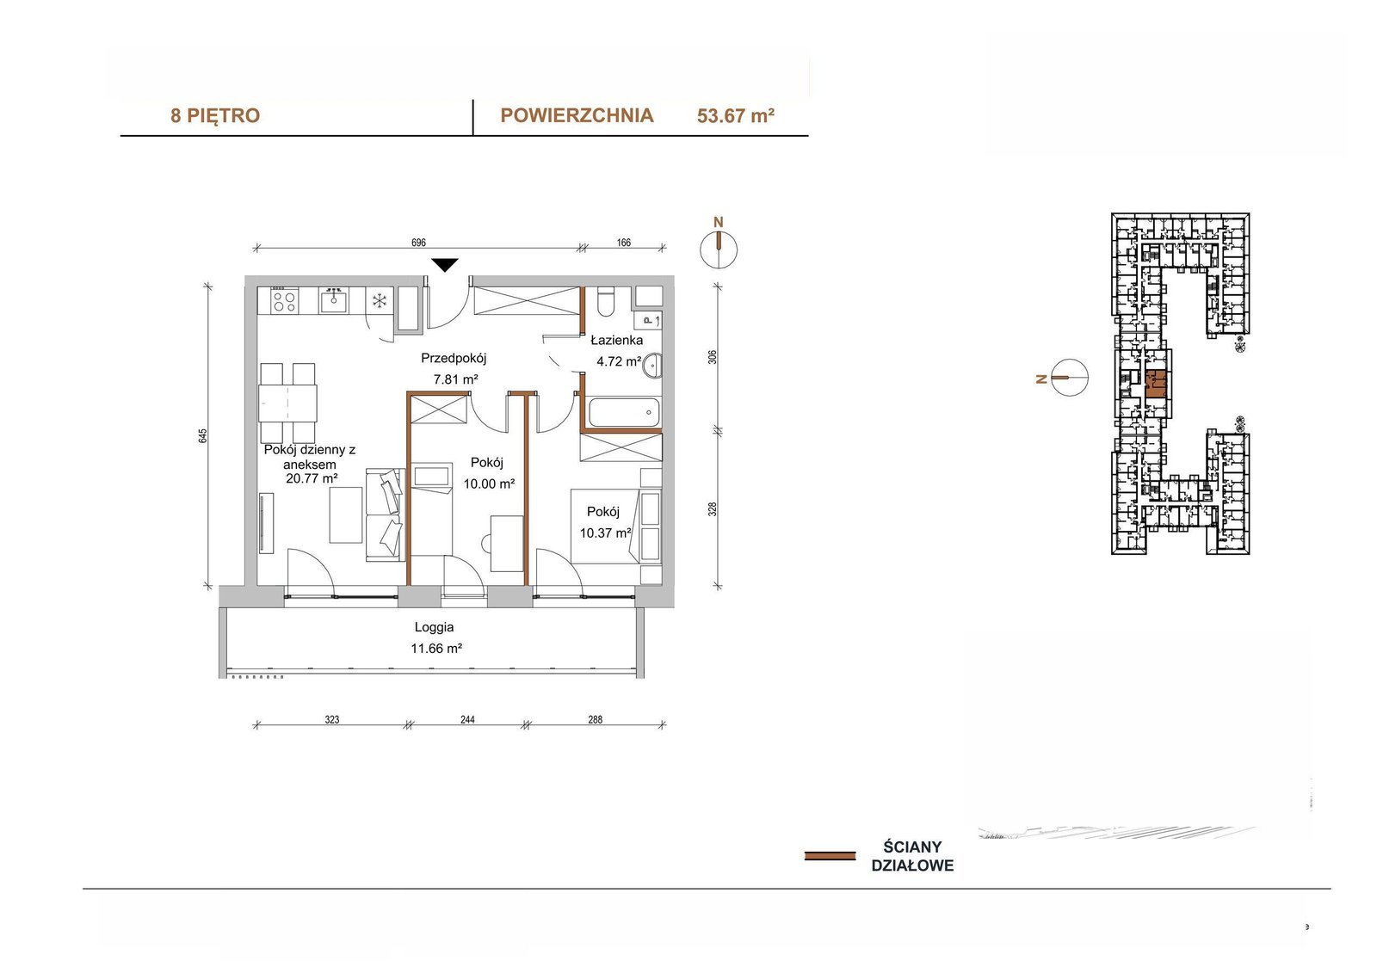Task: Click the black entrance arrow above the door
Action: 444,265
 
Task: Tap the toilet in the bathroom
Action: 606,303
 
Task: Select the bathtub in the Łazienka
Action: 623,412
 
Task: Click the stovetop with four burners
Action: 285,300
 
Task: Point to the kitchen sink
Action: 333,300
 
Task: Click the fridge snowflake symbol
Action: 380,300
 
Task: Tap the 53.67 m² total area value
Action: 735,115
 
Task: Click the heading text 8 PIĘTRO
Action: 215,115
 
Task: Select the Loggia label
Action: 434,627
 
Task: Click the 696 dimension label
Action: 418,243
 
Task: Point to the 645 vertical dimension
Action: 203,436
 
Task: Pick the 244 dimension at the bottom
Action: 467,719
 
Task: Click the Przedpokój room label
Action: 454,358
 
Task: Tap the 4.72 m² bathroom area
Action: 619,361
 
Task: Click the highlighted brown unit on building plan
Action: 1157,385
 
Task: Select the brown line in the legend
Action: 830,856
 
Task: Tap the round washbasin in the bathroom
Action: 651,366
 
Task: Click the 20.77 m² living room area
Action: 312,478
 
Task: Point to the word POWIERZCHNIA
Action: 577,115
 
